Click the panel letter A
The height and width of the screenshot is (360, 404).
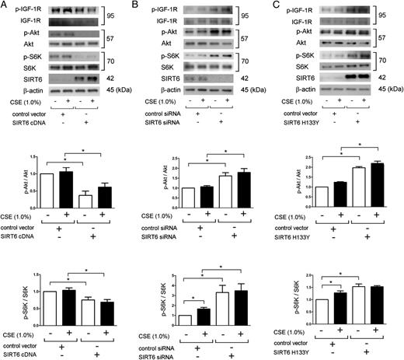[x=5, y=5]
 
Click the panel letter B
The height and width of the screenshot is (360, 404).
[x=141, y=5]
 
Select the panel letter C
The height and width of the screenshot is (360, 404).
[x=274, y=5]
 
